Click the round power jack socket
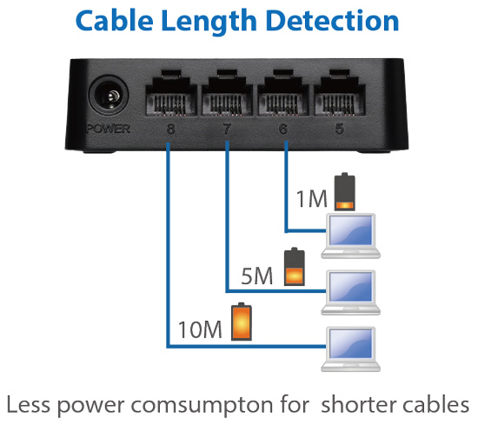pos(109,96)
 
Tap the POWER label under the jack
pos(109,129)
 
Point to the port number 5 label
pos(339,129)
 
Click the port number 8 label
pos(170,129)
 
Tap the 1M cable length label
pos(311,198)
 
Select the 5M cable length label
pos(257,276)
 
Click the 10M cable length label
pos(200,330)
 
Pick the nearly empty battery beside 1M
pos(345,192)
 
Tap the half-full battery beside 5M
pos(294,267)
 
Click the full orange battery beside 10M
pos(242,322)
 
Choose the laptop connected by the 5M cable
pos(350,293)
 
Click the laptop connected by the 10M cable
pos(350,349)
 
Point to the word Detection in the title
pos(332,21)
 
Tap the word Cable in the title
pos(115,20)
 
